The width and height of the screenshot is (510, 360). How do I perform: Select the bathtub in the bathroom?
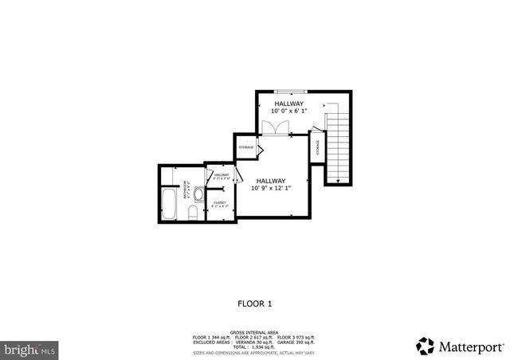168,204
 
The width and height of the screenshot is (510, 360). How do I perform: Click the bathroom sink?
197,192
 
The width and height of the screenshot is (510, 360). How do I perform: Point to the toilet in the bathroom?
192,212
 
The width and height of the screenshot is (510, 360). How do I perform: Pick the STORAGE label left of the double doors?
246,147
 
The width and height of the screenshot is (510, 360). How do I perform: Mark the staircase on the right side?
338,143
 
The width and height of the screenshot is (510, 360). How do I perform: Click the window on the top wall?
290,92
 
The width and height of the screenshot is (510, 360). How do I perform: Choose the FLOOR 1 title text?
255,303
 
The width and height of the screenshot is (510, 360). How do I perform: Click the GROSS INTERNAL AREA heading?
254,332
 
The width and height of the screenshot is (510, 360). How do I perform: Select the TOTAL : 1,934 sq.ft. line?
254,347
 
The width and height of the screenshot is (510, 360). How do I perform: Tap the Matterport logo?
460,346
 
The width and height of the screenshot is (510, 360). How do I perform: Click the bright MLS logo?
29,348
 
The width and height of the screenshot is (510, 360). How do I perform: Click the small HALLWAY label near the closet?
221,176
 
